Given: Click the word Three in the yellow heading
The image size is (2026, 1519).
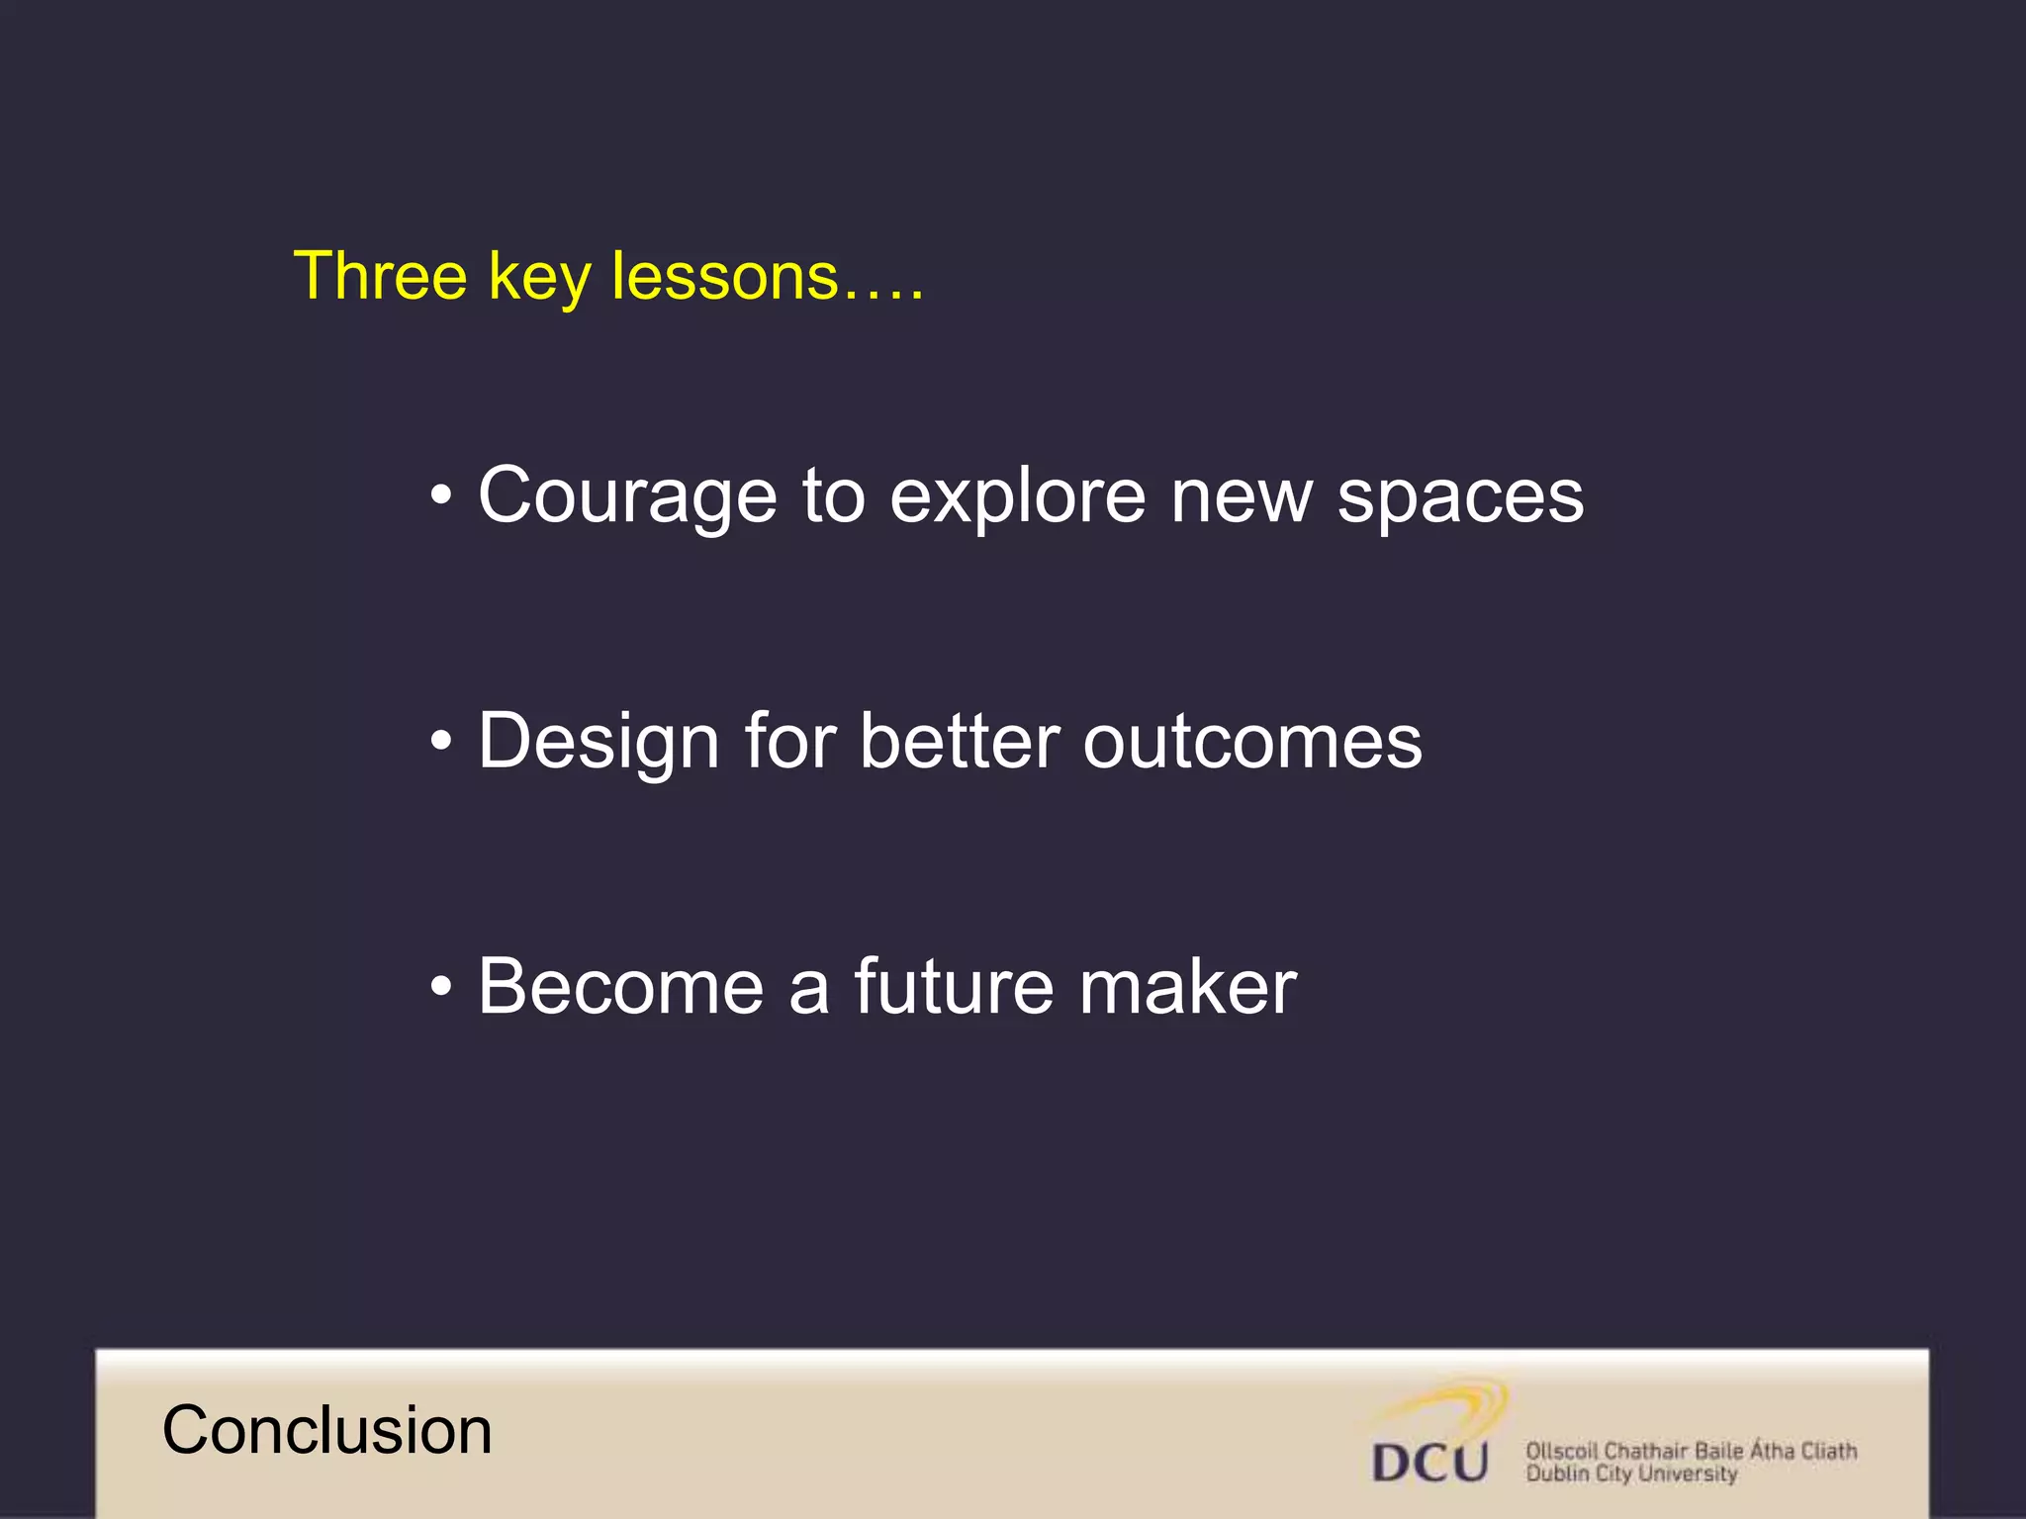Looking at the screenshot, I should click(x=380, y=276).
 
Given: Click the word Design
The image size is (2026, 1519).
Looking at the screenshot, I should click(x=598, y=742).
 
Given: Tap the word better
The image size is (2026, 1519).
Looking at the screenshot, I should click(x=960, y=742).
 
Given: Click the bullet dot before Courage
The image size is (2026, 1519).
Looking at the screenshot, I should click(x=441, y=494).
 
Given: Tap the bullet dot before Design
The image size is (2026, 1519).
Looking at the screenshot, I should click(x=441, y=741).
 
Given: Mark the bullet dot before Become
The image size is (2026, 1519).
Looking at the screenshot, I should click(x=441, y=986).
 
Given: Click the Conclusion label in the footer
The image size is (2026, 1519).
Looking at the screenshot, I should click(x=326, y=1431).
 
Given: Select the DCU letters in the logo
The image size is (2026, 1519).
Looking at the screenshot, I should click(x=1430, y=1463).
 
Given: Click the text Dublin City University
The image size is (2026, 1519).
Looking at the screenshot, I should click(x=1631, y=1474).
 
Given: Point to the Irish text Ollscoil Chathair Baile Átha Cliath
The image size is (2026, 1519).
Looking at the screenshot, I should click(x=1691, y=1451).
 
